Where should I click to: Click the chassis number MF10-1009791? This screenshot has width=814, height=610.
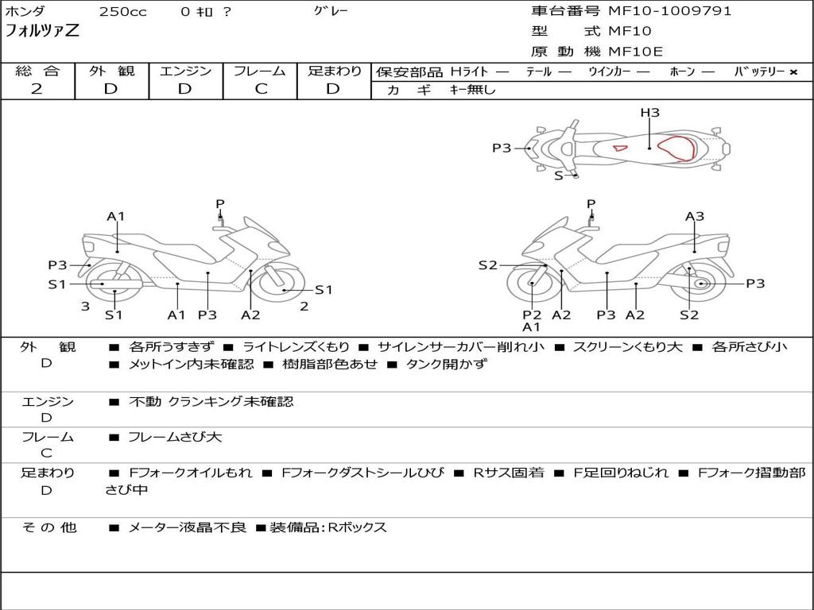pos(669,11)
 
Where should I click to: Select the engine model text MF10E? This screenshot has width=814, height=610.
pos(635,52)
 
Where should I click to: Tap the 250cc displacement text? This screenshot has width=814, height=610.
pos(123,12)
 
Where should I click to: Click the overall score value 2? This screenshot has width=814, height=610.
pos(37,89)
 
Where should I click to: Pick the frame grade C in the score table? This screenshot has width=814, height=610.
pos(261,89)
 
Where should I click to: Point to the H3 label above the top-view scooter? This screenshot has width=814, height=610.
pos(649,112)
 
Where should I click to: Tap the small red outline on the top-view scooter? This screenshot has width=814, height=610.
pos(620,149)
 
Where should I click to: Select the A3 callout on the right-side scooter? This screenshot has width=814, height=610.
pos(695,216)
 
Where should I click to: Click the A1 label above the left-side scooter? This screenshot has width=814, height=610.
pos(116,216)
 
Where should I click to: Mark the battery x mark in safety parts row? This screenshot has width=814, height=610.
pos(793,72)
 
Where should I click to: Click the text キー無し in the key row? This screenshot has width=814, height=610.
pos(472,90)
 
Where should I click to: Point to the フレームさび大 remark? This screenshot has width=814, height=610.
pos(175,438)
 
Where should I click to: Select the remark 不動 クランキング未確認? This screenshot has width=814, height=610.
pos(211,401)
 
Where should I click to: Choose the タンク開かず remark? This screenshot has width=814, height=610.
pos(447,364)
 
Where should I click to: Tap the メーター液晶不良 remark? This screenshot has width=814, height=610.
pos(187,527)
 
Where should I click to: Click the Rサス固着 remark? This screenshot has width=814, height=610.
pos(509,473)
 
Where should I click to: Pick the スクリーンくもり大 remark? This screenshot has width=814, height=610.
pos(628,347)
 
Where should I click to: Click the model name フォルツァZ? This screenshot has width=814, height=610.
pos(42,31)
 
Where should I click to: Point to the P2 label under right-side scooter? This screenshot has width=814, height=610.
pos(532,315)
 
